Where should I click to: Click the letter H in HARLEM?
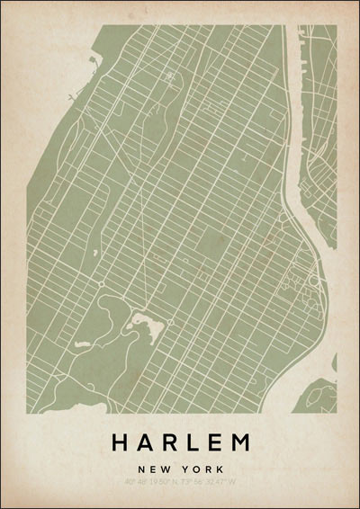(120, 442)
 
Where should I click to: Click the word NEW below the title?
(155, 469)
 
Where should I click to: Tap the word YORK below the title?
(202, 469)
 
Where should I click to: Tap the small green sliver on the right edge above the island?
(334, 362)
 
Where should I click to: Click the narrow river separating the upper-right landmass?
(292, 117)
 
